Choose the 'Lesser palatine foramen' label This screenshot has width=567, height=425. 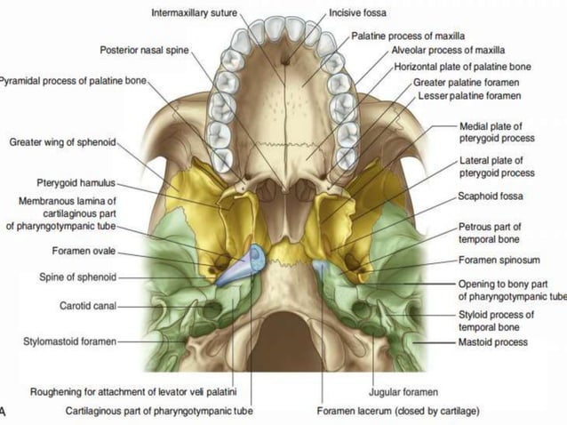coord(469,94)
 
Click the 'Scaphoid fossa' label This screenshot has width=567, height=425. coord(491,196)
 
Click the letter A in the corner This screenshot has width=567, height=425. coord(4,411)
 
